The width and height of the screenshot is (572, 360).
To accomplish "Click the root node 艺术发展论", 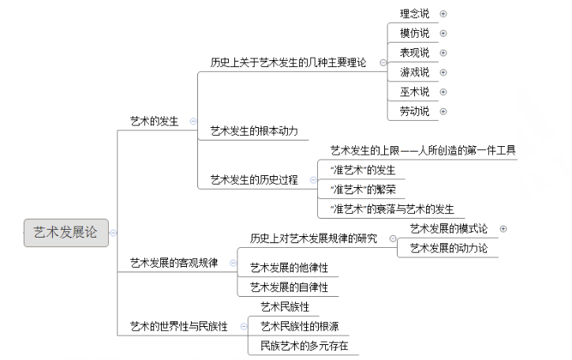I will pyautogui.click(x=65, y=232).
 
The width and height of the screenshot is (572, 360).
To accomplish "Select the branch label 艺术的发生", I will pyautogui.click(x=154, y=121).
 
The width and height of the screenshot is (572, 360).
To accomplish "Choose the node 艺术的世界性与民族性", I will pyautogui.click(x=178, y=326).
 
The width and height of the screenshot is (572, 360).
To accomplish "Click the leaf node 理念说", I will pyautogui.click(x=414, y=13).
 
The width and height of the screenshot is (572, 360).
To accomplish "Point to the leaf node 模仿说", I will pyautogui.click(x=414, y=33).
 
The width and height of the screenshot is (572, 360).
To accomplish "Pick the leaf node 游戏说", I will pyautogui.click(x=414, y=72).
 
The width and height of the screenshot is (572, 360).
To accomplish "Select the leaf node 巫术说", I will pyautogui.click(x=414, y=92).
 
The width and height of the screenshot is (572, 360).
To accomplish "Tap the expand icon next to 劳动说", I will pyautogui.click(x=443, y=111).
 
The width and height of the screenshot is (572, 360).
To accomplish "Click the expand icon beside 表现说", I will pyautogui.click(x=443, y=53).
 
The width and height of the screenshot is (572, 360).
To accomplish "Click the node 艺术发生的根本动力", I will pyautogui.click(x=254, y=130).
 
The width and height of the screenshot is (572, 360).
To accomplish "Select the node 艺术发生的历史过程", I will pyautogui.click(x=254, y=179).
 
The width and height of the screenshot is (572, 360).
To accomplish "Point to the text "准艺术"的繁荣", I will pyautogui.click(x=361, y=189).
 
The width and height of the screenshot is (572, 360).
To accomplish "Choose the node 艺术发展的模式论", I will pyautogui.click(x=448, y=228).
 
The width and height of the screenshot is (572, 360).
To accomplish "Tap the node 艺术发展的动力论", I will pyautogui.click(x=448, y=248).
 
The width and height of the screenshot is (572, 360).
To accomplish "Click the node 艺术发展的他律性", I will pyautogui.click(x=289, y=268).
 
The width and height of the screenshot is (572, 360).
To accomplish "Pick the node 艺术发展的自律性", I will pyautogui.click(x=289, y=287).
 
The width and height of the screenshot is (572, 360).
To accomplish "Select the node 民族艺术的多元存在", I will pyautogui.click(x=304, y=346).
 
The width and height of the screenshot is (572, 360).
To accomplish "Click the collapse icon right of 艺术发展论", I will pyautogui.click(x=114, y=233).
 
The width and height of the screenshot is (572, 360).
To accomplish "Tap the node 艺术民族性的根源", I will pyautogui.click(x=299, y=326).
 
